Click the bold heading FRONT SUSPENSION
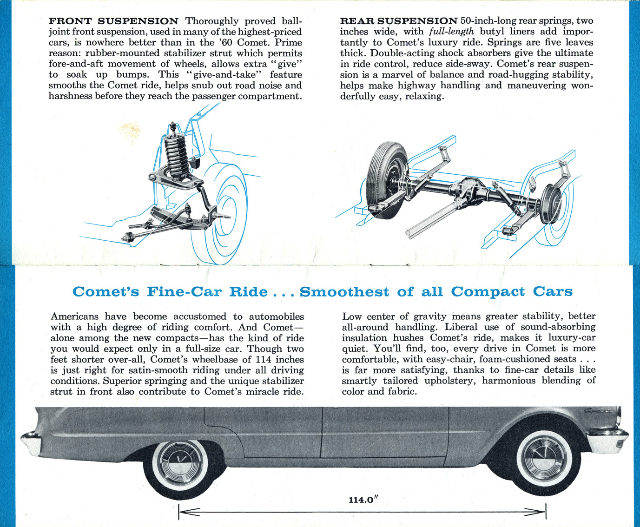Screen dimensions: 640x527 113,21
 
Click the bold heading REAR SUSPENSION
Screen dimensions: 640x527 399,21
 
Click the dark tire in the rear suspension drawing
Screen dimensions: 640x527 387,180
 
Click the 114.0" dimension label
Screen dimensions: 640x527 363,500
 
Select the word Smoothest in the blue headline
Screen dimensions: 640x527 344,291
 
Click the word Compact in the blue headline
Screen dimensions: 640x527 488,291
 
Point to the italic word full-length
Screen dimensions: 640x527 451,32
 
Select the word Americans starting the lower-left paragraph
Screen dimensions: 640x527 74,316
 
